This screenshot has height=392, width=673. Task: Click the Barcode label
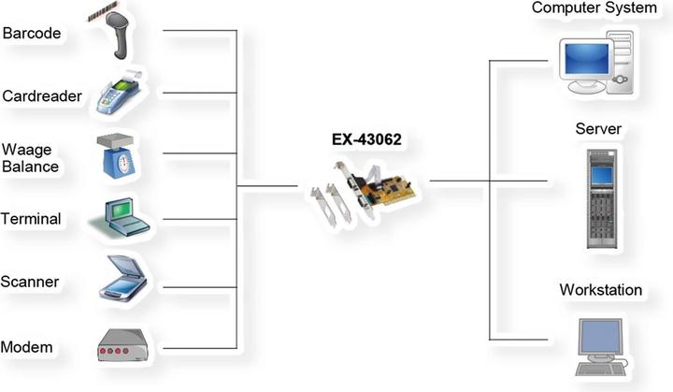pyautogui.click(x=32, y=35)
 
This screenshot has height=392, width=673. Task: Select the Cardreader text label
pyautogui.click(x=42, y=95)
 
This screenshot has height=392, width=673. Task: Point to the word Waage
pyautogui.click(x=26, y=150)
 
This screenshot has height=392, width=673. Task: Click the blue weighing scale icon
pyautogui.click(x=119, y=156)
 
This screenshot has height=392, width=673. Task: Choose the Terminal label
pyautogui.click(x=32, y=219)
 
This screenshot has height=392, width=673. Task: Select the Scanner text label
pyautogui.click(x=31, y=281)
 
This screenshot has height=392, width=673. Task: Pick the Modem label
pyautogui.click(x=27, y=347)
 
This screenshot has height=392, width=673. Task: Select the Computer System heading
pyautogui.click(x=594, y=8)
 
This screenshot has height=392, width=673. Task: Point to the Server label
pyautogui.click(x=598, y=127)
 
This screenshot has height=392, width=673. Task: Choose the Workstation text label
pyautogui.click(x=600, y=290)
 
